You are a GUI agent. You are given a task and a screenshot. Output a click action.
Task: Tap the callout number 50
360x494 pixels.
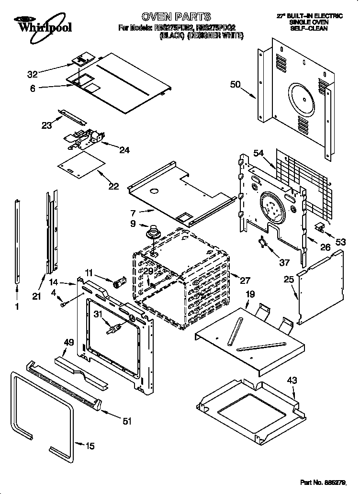click(235, 85)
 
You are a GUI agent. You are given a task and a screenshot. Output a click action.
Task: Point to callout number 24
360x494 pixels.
click(124, 150)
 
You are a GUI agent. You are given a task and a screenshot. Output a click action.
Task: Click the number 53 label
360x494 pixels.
click(340, 242)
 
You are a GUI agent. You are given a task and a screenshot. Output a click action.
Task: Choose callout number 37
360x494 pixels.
click(284, 262)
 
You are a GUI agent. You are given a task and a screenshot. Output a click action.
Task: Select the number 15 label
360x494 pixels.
click(90, 446)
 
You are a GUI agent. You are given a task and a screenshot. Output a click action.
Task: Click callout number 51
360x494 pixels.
click(127, 421)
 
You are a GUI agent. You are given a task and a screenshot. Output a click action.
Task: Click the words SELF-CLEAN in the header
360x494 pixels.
click(309, 28)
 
